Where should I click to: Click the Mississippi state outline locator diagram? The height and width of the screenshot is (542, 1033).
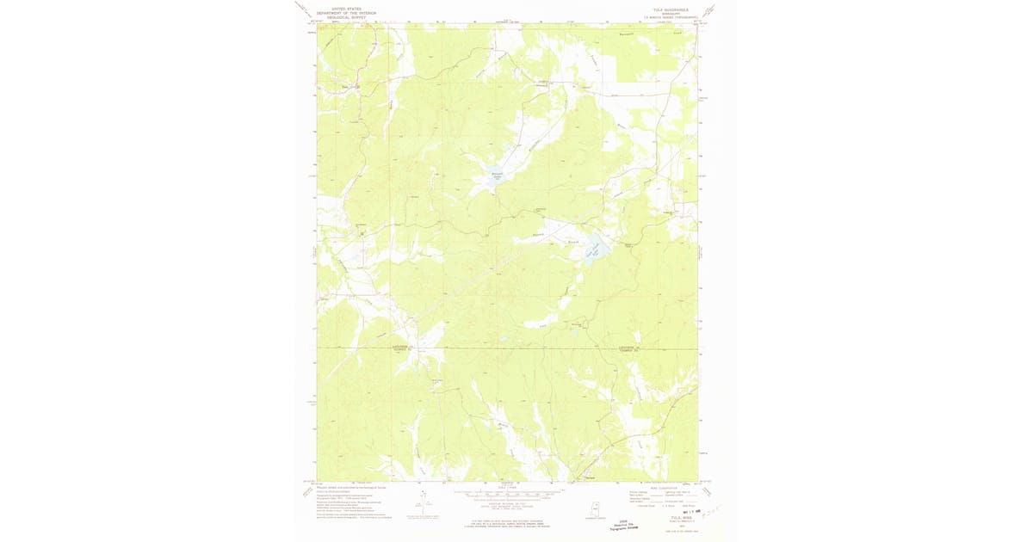pos(595,509)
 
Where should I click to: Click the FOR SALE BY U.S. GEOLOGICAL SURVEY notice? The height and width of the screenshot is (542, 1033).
pos(508,522)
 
